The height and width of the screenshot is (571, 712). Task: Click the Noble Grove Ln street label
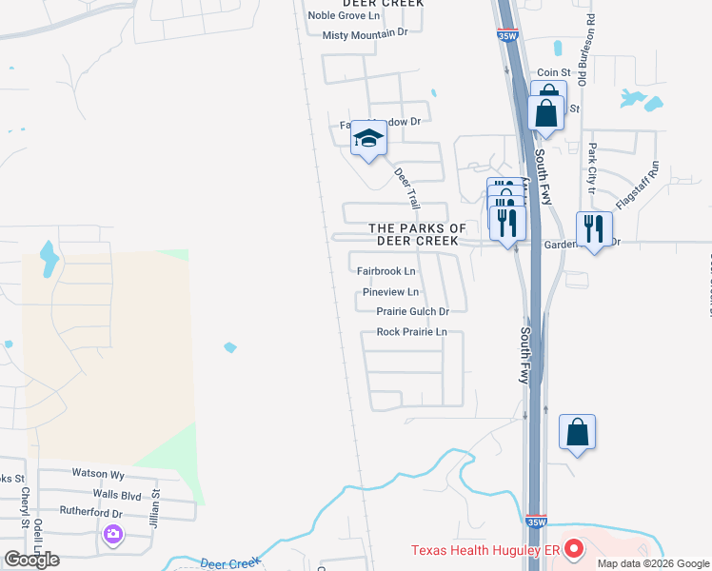coord(343,15)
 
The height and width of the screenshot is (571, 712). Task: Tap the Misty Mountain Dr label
coord(365,34)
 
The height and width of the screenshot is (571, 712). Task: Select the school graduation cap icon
coord(368,141)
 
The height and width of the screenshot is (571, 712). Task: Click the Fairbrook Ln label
coord(386,271)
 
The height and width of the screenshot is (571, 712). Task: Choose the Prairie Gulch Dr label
coord(412,311)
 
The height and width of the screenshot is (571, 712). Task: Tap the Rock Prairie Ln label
coord(411,332)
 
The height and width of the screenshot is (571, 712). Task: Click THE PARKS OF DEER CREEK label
coord(418,234)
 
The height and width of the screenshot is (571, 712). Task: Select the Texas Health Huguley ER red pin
coord(573,549)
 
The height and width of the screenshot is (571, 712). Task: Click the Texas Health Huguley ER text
coord(485,550)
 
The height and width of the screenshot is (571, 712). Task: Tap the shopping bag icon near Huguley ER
coord(577,433)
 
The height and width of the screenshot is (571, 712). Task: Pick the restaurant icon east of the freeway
coord(593,229)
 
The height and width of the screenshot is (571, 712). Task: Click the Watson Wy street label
coord(98,473)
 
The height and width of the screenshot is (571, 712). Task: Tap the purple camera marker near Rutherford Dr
coord(114,536)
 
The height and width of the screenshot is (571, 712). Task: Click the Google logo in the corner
coord(32,559)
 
